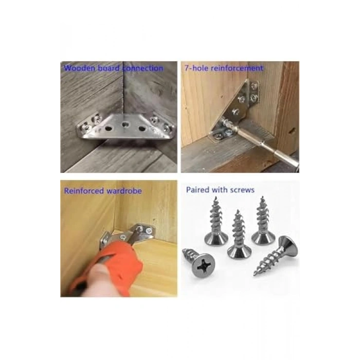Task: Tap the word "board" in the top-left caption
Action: point(109,68)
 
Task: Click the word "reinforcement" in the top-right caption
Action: point(237,68)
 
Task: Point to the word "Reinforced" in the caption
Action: point(83,191)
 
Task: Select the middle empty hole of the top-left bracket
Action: point(125,125)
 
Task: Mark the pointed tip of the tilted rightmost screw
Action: point(255,274)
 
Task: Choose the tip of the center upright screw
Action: point(238,211)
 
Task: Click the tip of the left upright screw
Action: point(215,198)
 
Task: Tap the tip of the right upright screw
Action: point(262,197)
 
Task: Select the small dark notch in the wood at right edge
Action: point(292,131)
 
